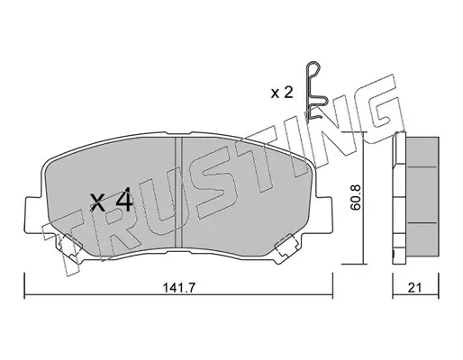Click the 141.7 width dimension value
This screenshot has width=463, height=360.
179,288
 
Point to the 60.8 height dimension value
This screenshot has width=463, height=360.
357,197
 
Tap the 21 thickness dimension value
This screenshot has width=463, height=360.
414,288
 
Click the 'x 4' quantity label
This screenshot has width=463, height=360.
112,200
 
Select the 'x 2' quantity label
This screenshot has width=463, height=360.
282,93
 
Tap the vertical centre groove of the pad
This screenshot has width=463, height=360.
178,193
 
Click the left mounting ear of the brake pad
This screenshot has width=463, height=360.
32,214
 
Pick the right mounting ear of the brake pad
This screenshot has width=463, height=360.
324,214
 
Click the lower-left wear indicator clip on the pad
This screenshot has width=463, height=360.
69,246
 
